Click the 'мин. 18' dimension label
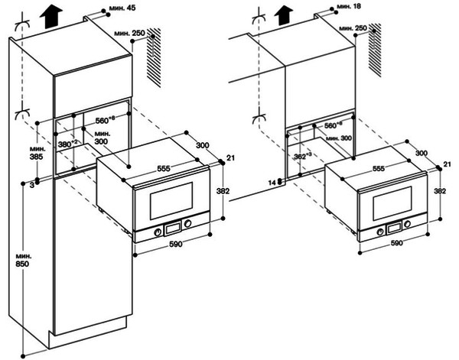coord(351,5)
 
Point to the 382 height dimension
coord(223,191)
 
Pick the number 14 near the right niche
coord(272,183)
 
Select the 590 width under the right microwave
coord(396,244)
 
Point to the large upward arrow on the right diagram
coord(285,14)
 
